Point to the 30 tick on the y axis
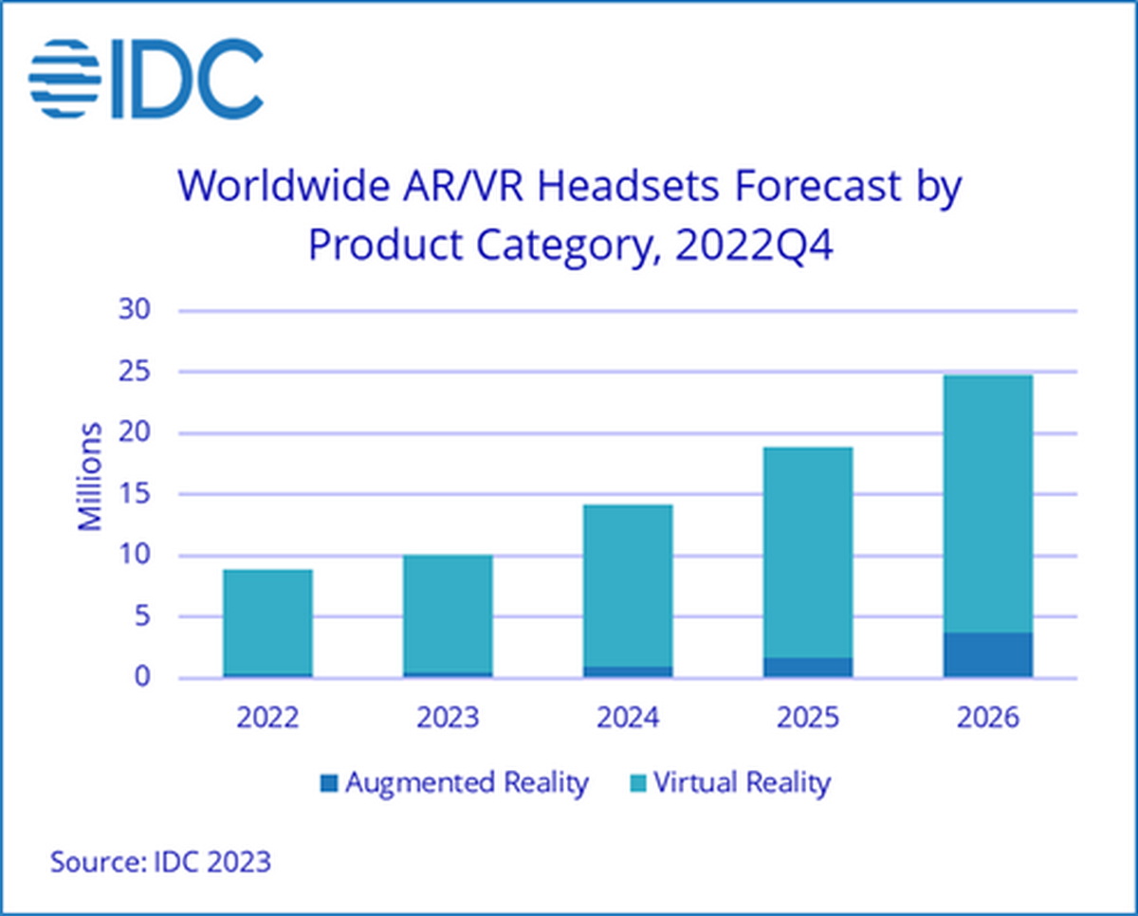(x=134, y=311)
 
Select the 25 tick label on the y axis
(x=134, y=373)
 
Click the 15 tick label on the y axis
(x=134, y=495)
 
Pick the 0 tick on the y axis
(x=141, y=678)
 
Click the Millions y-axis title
(x=90, y=476)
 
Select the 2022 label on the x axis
(x=267, y=717)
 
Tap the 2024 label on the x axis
(x=628, y=717)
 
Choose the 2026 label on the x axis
(x=987, y=717)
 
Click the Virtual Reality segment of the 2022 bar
(x=267, y=621)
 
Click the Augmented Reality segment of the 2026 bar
(x=987, y=655)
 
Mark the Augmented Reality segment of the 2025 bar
(x=808, y=668)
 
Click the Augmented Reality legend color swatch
(x=329, y=784)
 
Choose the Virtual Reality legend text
(x=742, y=783)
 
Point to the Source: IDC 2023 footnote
(x=160, y=863)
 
